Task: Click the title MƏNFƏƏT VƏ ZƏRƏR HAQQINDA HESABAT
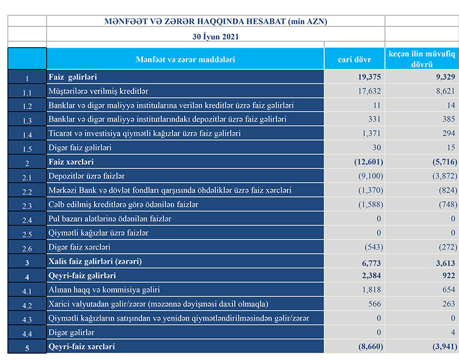click(216, 21)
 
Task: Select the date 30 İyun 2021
click(216, 36)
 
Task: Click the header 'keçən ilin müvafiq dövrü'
click(422, 59)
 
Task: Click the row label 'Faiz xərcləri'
click(71, 162)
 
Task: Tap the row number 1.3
click(27, 120)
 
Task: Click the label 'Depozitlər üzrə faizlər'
click(87, 176)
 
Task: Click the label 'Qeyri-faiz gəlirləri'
click(82, 275)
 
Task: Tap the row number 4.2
click(27, 304)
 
